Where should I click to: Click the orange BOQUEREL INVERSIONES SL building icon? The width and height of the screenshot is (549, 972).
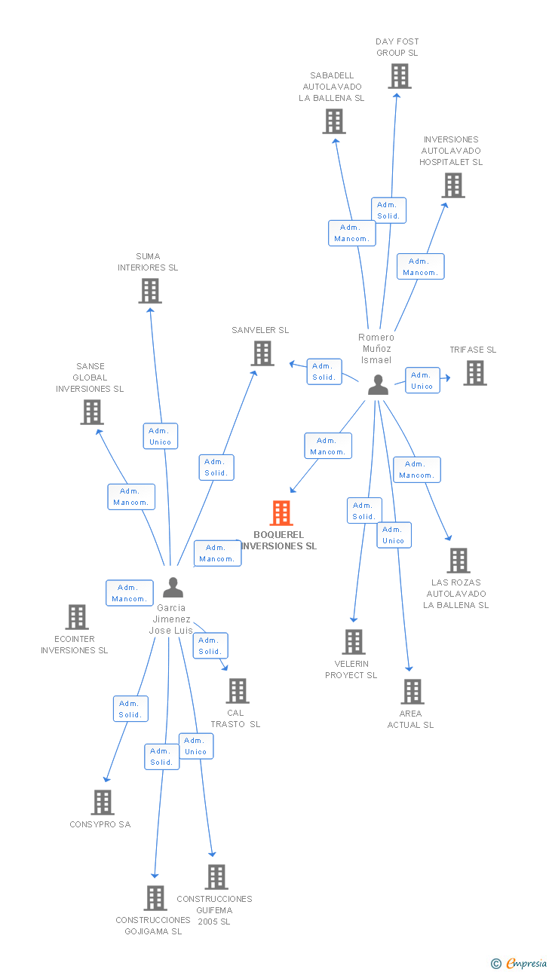click(x=281, y=513)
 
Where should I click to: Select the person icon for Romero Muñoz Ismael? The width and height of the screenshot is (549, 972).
click(x=378, y=385)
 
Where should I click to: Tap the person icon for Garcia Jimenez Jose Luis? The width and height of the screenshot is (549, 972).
click(x=173, y=587)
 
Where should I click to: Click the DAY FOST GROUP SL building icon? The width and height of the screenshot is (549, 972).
click(x=400, y=76)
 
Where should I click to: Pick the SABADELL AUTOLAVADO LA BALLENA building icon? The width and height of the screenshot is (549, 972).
click(x=334, y=121)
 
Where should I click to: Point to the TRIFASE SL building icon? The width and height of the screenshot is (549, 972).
click(x=474, y=373)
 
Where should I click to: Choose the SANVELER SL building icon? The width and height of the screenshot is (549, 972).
click(x=262, y=353)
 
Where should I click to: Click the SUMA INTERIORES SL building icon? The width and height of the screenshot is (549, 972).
click(x=150, y=291)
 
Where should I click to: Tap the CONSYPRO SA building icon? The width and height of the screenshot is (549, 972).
click(x=103, y=802)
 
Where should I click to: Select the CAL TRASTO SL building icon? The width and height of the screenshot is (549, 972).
click(x=238, y=691)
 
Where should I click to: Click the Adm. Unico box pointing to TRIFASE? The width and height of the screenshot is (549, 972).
click(x=422, y=381)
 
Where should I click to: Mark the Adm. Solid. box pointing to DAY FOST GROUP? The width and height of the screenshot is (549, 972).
click(x=388, y=210)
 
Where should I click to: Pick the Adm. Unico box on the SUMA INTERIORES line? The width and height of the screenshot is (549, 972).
click(x=160, y=436)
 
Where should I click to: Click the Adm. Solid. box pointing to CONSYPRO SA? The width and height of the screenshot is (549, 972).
click(x=130, y=709)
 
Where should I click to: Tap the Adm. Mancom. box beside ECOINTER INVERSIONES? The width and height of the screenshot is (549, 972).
click(x=130, y=593)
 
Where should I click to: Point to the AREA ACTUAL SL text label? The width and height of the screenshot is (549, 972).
click(x=411, y=720)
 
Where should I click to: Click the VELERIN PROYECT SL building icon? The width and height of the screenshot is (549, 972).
click(x=354, y=642)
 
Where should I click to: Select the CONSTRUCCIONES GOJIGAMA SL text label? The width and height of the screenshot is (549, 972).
click(x=153, y=925)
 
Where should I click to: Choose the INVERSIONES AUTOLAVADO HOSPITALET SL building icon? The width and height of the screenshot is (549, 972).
click(x=452, y=185)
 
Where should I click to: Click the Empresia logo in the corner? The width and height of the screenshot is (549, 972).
click(x=520, y=963)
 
